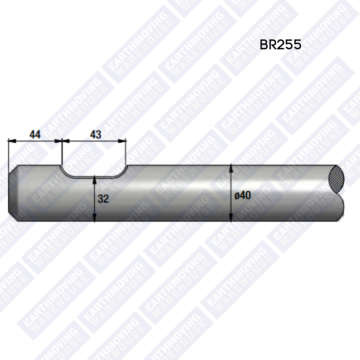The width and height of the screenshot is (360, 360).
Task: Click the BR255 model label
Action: (x=280, y=45)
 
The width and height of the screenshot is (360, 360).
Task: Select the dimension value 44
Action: (x=35, y=135)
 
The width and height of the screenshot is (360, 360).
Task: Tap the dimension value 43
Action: (x=96, y=135)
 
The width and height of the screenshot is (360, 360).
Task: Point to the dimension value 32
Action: (x=103, y=199)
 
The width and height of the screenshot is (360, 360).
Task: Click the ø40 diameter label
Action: (x=242, y=196)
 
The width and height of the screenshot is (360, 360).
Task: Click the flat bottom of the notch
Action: (x=94, y=177)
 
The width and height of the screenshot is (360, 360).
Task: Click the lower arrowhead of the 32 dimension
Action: (x=95, y=218)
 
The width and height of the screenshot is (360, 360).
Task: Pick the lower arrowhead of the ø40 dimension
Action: (x=231, y=218)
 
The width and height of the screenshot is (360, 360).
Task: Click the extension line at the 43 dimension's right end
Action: (x=126, y=152)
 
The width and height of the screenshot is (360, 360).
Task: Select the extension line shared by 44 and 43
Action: (x=62, y=152)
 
